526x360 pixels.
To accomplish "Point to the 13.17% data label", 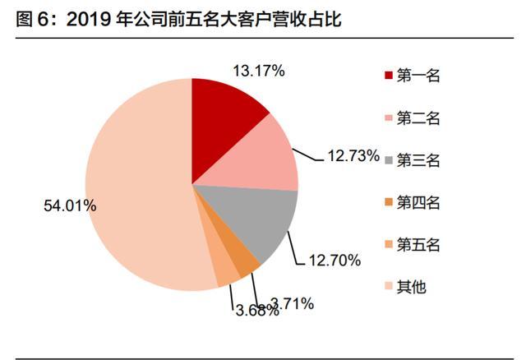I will pos(257,72).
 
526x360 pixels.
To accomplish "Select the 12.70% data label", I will pos(334,261).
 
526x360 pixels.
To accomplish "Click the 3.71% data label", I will pos(293,304).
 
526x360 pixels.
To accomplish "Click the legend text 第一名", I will pos(419,76).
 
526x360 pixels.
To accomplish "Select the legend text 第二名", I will pos(419,118).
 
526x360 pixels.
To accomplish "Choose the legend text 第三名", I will pos(419,160).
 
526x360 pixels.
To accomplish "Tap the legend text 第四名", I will pos(419,202).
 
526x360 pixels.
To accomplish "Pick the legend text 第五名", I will pos(419,244).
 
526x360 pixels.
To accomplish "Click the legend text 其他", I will pos(412,286).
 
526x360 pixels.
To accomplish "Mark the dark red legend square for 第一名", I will pos(388,76).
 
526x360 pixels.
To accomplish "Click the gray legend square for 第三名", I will pos(388,160).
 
